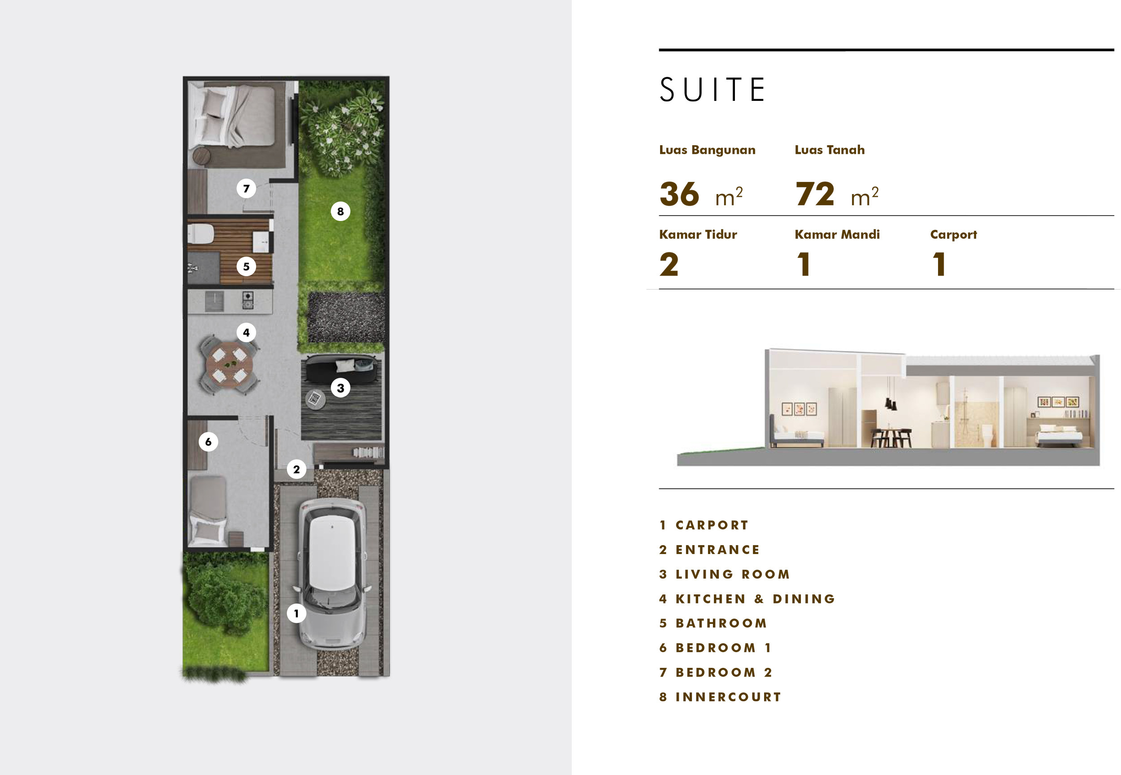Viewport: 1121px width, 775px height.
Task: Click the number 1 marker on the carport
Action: [296, 613]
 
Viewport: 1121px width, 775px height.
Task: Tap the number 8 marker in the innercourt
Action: [340, 211]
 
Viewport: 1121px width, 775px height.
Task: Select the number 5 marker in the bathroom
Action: [246, 267]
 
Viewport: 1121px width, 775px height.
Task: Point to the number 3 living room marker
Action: [340, 388]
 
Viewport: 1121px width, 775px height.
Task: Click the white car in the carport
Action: [332, 573]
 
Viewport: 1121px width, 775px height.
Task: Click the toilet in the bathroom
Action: [200, 234]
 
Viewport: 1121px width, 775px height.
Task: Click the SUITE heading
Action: [712, 90]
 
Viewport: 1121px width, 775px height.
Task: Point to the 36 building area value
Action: [679, 194]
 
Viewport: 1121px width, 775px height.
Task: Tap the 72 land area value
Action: [815, 194]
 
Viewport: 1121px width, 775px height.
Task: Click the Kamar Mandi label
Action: [837, 234]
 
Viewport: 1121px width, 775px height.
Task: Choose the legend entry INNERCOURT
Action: [728, 697]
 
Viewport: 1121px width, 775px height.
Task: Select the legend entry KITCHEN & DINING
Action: [755, 599]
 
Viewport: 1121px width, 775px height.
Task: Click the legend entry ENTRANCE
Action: [717, 550]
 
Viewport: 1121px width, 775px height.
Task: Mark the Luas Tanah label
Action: [830, 150]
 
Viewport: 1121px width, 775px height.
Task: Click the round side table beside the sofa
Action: [315, 399]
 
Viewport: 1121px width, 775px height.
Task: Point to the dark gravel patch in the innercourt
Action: [346, 316]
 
